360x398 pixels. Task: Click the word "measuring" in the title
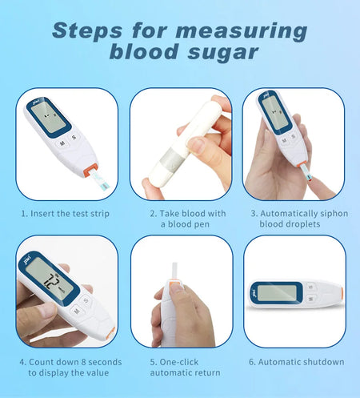tap(240, 31)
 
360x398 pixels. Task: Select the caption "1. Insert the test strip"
tap(66, 214)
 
